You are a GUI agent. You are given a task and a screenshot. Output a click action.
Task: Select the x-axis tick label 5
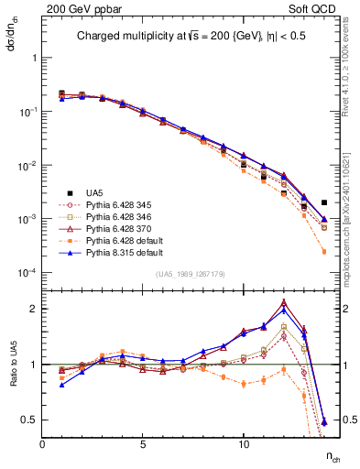pos(143,444)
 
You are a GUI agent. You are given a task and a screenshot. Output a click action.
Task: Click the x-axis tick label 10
pos(244,444)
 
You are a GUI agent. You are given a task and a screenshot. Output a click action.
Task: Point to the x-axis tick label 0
pos(42,444)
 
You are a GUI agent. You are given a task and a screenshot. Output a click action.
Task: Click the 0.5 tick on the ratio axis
pos(27,420)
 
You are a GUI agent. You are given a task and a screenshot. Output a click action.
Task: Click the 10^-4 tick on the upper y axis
pos(25,273)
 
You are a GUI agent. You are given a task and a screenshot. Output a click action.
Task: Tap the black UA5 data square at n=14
pos(324,202)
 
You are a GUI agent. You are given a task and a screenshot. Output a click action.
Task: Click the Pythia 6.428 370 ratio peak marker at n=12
pos(284,302)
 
